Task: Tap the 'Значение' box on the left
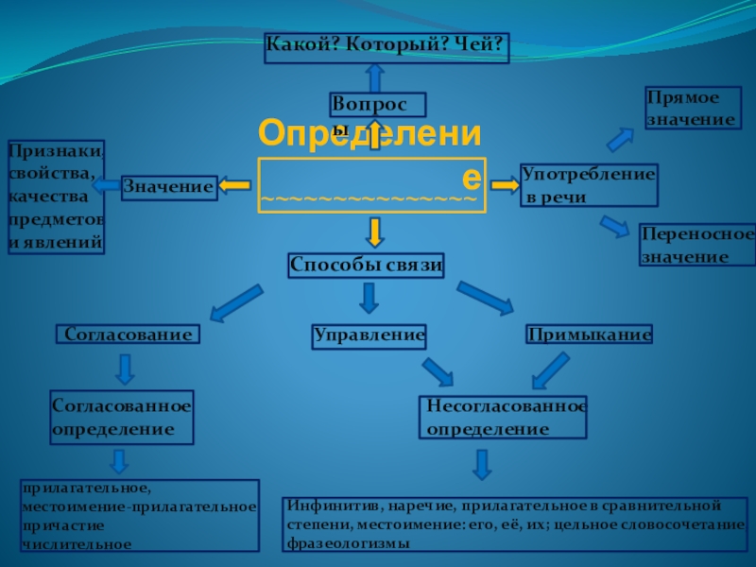point(169,188)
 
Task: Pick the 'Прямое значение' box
point(690,109)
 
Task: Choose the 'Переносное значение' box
point(697,245)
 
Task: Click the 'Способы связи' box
point(366,266)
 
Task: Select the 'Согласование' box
point(129,335)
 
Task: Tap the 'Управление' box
point(369,335)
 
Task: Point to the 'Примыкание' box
point(590,335)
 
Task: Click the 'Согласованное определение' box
point(121,417)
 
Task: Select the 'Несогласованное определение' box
point(502,418)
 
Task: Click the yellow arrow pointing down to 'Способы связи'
point(375,232)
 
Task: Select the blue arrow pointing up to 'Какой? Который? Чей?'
point(375,77)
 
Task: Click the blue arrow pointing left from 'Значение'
point(106,185)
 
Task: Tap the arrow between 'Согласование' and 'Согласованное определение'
point(124,369)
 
